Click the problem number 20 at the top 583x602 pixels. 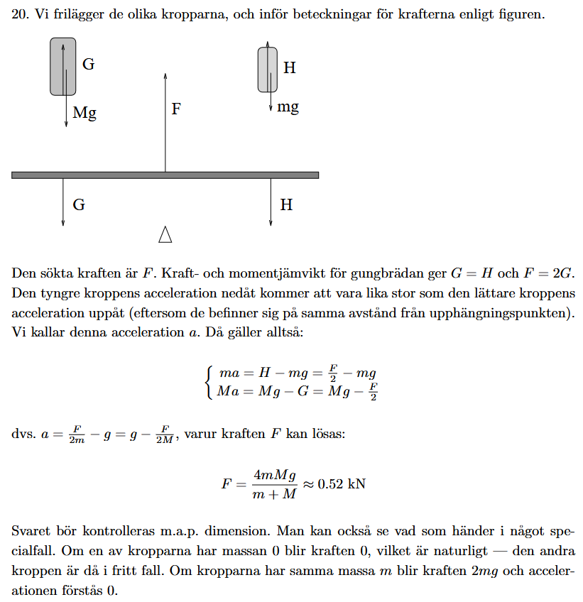(19, 14)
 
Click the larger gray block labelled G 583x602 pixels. (62, 66)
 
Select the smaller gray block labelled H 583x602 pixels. (268, 68)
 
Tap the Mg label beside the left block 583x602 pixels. (85, 113)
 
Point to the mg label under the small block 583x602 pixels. (288, 107)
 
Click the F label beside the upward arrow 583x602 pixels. (176, 109)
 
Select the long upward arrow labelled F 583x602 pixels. (165, 121)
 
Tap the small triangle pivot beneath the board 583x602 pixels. (165, 234)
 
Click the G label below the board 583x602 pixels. (79, 205)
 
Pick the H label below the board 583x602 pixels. (286, 205)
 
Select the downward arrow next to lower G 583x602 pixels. (63, 202)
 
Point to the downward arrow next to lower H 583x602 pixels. (271, 202)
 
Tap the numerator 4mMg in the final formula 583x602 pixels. (273, 475)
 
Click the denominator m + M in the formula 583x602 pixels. (273, 494)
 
